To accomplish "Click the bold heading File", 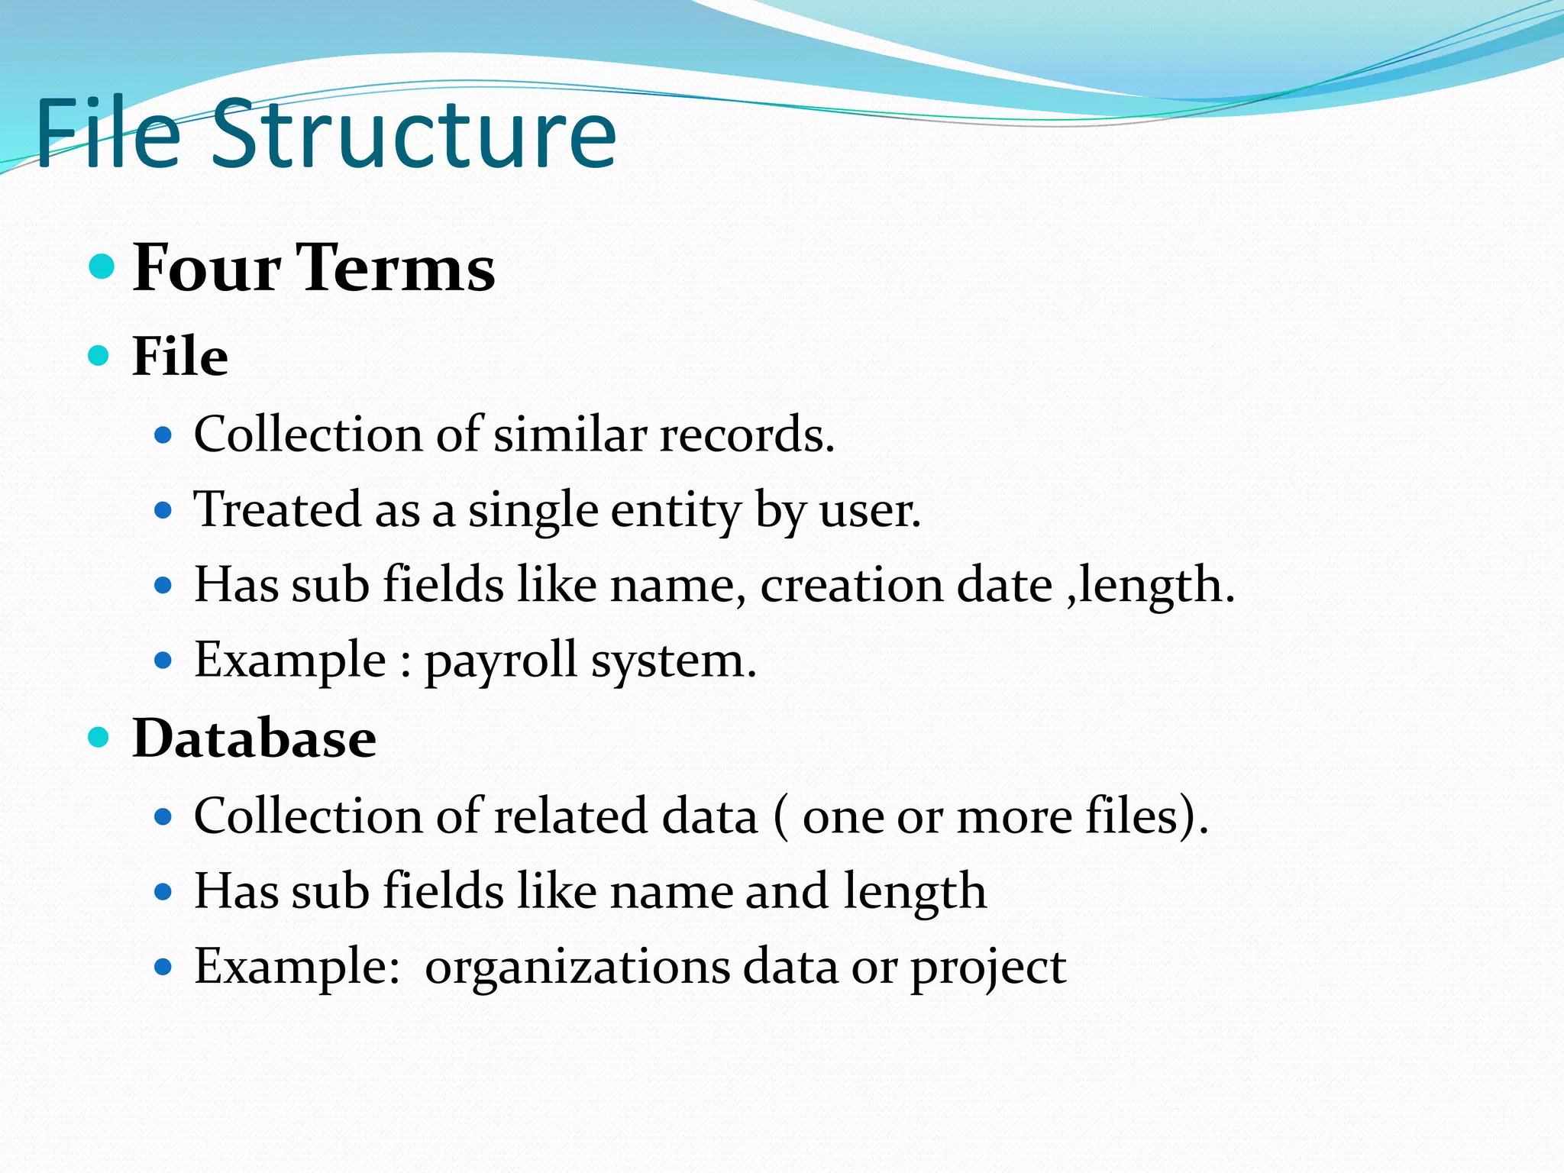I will pos(180,356).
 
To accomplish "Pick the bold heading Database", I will pos(254,738).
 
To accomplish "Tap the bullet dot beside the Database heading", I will pos(99,737).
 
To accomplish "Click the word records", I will pos(746,435).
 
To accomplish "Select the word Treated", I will pos(277,509).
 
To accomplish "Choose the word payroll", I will pos(500,661).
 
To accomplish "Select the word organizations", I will pos(577,967).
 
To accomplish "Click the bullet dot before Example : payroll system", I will pos(163,660).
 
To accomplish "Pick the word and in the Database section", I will pos(787,891).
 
